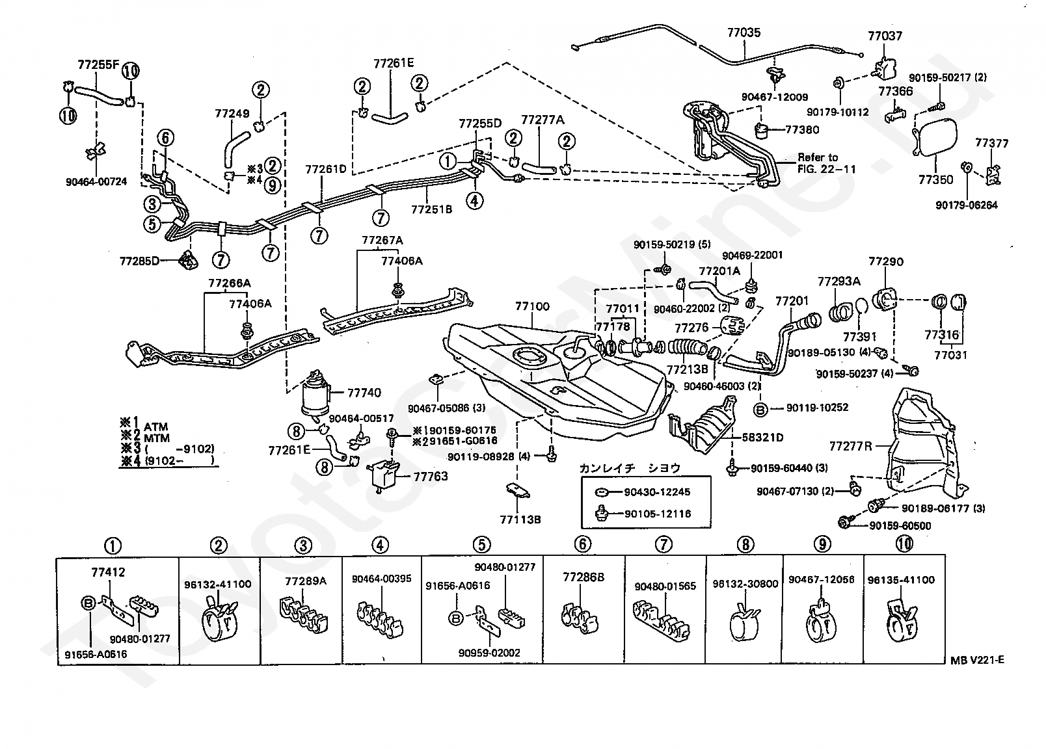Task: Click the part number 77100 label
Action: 532,307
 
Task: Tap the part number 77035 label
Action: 744,33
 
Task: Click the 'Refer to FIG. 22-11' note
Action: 827,163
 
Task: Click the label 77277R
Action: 850,447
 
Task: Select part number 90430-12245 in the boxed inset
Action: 657,492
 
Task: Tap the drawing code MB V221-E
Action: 977,661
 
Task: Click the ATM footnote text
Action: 156,427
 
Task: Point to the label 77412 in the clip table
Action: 109,572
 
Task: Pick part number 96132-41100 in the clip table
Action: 218,585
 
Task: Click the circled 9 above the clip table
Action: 822,544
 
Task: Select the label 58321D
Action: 762,438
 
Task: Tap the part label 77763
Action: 431,477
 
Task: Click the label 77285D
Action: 140,261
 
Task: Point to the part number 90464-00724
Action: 96,182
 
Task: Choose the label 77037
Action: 885,36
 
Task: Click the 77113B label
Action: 520,519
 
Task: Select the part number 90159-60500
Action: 900,526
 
